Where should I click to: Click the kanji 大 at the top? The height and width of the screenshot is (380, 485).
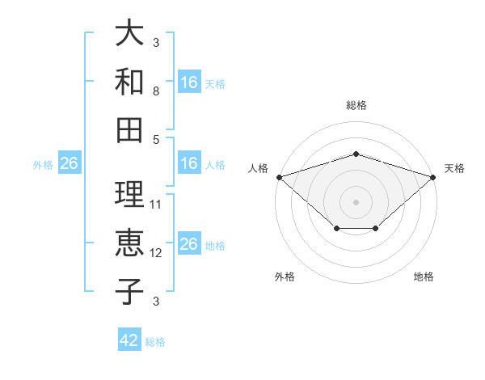point(129,32)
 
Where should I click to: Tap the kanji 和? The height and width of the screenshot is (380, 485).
point(129,81)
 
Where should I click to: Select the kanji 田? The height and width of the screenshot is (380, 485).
point(129,130)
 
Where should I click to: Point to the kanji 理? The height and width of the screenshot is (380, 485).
point(129,194)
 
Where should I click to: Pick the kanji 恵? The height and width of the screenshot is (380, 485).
point(129,243)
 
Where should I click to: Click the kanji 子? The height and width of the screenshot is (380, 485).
point(129,292)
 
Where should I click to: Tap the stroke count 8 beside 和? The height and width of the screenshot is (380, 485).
point(156,91)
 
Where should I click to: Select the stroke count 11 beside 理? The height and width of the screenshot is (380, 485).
point(155,205)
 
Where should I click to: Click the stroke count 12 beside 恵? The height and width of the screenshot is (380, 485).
point(155,253)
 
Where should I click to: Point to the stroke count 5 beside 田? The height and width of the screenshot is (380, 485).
point(156,140)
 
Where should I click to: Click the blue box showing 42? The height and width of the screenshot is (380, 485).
point(129,339)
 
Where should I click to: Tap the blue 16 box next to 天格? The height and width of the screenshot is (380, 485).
point(189,82)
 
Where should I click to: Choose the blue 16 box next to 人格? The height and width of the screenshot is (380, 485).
point(189,163)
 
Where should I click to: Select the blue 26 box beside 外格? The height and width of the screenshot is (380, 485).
point(70,163)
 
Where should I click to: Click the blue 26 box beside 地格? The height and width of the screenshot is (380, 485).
point(189,243)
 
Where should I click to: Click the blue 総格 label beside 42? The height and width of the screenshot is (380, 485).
point(155,342)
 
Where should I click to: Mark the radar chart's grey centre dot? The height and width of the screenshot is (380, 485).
point(356,202)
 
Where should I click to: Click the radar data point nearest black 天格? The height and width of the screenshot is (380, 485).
point(433,177)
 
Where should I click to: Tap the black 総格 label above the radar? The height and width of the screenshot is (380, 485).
point(356,105)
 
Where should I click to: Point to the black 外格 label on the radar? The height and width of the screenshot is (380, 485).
point(285,277)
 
